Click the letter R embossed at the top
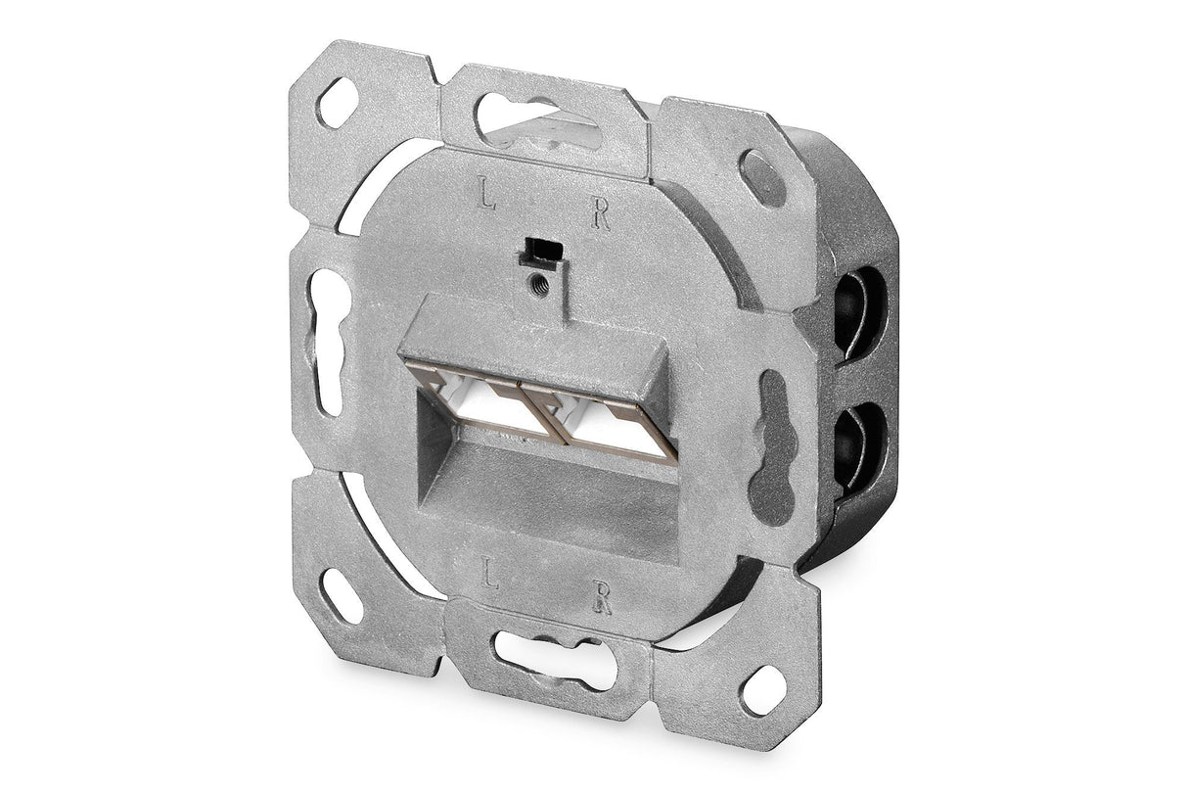pos(602,215)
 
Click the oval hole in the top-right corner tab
pos(761,177)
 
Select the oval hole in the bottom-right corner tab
pos(759,688)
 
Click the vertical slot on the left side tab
pos(327,342)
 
